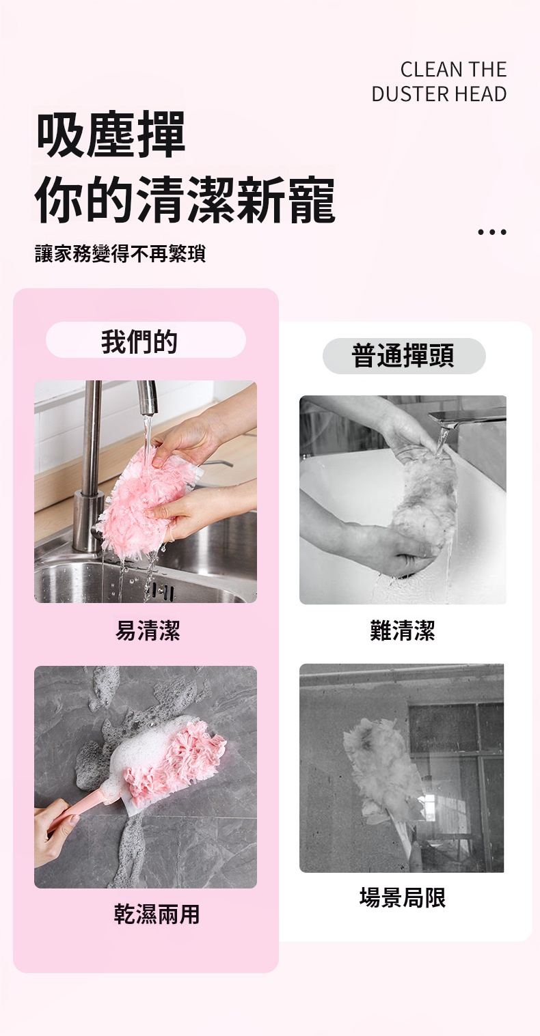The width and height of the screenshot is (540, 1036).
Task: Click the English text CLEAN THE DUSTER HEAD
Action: [439, 81]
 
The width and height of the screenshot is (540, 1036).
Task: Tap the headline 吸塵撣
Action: [111, 135]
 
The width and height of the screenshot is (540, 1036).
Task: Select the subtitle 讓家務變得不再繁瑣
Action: [120, 253]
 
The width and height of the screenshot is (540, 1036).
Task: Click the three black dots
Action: [492, 232]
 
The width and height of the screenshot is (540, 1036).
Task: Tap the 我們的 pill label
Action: [146, 340]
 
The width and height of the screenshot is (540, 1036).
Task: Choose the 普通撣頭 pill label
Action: [404, 356]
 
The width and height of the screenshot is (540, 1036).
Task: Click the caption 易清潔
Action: [148, 630]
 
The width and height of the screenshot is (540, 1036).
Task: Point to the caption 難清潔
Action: [403, 630]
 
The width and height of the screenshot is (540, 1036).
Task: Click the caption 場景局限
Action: [403, 897]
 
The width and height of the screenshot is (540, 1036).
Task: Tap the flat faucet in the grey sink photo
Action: [468, 419]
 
